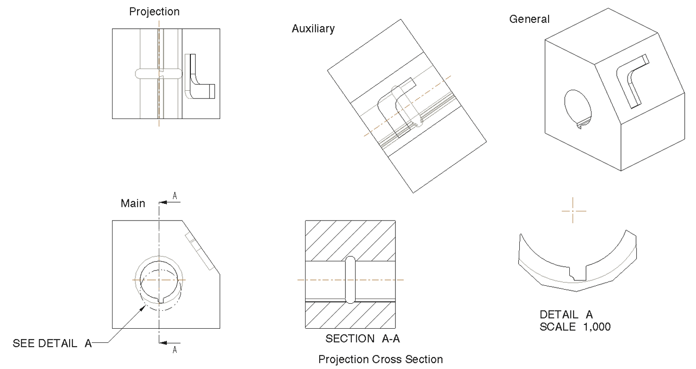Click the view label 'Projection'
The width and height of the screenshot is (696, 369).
(x=154, y=11)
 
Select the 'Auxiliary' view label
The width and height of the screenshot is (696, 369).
(x=313, y=29)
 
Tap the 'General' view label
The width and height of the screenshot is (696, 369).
(x=529, y=20)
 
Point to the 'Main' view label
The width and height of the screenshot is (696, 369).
(x=133, y=204)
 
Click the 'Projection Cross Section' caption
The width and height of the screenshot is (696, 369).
(x=381, y=359)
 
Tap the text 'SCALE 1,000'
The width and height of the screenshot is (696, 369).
(x=568, y=327)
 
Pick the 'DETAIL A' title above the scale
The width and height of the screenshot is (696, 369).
(x=565, y=315)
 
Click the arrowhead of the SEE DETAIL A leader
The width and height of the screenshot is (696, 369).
(x=145, y=307)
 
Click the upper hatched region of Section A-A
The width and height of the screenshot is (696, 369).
(x=350, y=238)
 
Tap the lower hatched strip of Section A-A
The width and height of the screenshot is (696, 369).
(x=350, y=315)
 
